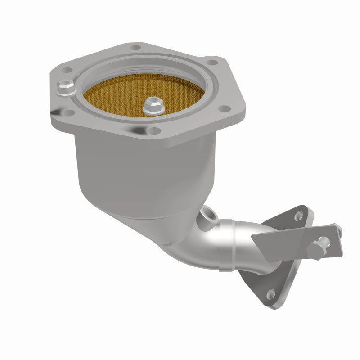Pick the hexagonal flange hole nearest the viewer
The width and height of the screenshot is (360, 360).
pyautogui.click(x=154, y=131)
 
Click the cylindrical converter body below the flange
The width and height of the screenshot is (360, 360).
pyautogui.click(x=135, y=171)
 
